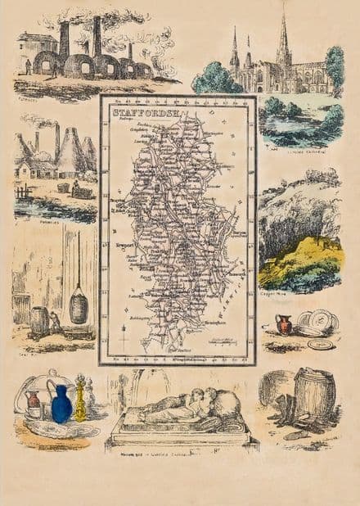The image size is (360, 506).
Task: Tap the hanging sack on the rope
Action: click(79, 307)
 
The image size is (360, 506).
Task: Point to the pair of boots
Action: click(285, 408)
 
